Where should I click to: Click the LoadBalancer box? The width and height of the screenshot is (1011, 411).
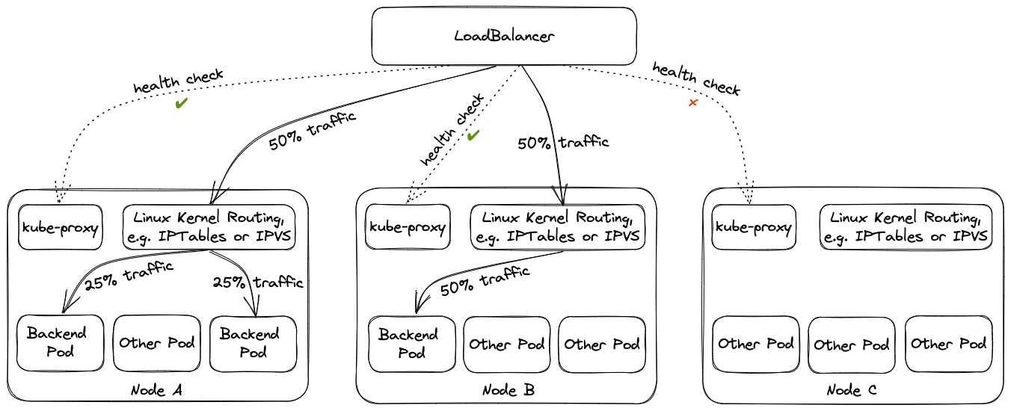click(x=504, y=36)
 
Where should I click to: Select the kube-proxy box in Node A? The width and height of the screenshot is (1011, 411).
click(x=60, y=226)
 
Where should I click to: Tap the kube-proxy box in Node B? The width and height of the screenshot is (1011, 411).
click(x=408, y=227)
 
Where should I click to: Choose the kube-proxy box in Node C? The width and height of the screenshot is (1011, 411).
click(x=754, y=227)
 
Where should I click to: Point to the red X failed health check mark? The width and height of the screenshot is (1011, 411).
click(x=692, y=102)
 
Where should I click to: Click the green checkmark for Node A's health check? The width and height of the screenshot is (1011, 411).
click(x=180, y=104)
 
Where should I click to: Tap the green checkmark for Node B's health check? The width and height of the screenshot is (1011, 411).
click(x=473, y=135)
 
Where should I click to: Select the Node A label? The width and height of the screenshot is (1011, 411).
click(x=156, y=391)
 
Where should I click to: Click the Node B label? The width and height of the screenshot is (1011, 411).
click(x=508, y=391)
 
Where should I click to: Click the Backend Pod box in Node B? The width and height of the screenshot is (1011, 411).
click(x=412, y=344)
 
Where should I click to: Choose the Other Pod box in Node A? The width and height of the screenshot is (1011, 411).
click(x=157, y=343)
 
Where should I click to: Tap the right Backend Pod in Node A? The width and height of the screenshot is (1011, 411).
click(x=253, y=343)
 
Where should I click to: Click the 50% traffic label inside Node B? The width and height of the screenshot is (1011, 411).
click(x=485, y=282)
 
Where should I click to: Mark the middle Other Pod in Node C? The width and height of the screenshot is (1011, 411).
click(x=852, y=344)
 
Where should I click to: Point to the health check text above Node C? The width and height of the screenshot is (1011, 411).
click(x=695, y=79)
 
